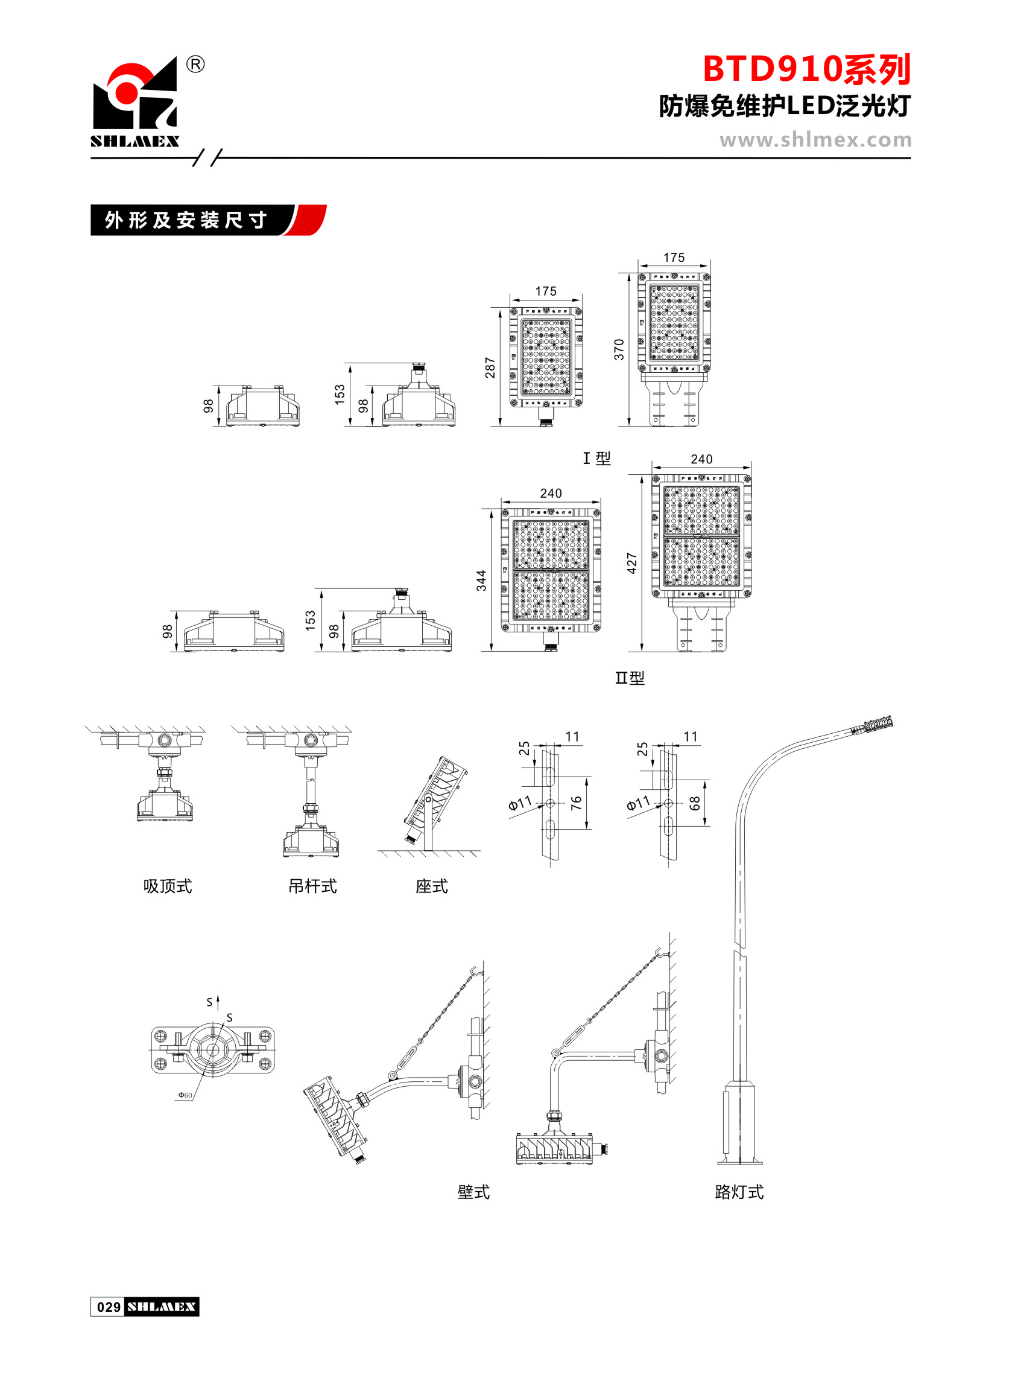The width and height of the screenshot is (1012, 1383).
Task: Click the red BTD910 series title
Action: click(806, 69)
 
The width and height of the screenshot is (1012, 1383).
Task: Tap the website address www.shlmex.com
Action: click(815, 141)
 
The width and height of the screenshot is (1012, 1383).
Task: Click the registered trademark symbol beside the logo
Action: click(195, 65)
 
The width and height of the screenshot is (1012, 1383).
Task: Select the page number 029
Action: click(109, 1307)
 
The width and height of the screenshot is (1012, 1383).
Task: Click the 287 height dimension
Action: click(490, 367)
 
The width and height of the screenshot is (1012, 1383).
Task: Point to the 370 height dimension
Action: click(619, 349)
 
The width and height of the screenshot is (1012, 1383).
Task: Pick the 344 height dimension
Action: click(482, 580)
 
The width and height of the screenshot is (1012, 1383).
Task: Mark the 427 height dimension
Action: click(632, 563)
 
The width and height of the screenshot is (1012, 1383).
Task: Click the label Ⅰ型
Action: click(596, 459)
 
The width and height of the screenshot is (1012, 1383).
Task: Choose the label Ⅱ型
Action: click(630, 678)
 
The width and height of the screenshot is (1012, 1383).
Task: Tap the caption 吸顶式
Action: click(167, 886)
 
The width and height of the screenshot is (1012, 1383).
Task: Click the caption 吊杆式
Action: click(312, 886)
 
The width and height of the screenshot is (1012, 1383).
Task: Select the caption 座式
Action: click(431, 886)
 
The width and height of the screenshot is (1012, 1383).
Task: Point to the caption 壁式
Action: click(473, 1192)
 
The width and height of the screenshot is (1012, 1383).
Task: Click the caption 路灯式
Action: click(739, 1192)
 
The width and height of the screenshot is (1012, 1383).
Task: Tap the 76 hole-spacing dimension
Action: click(577, 803)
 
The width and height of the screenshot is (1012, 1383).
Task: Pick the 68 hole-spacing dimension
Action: click(695, 803)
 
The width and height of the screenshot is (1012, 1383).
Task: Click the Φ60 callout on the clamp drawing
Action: click(185, 1095)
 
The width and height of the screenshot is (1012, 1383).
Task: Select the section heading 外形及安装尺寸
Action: click(186, 220)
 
